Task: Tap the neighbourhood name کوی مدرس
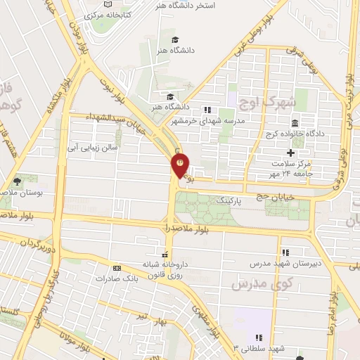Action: point(251,283)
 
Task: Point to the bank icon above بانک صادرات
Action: point(117,268)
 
